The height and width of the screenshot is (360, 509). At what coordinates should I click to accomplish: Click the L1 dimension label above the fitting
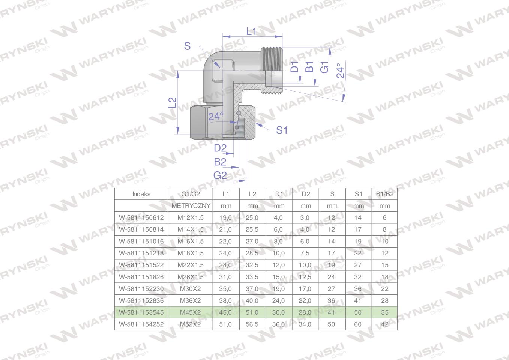[x=251, y=31]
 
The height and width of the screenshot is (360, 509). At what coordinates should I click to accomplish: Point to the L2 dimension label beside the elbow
[x=173, y=102]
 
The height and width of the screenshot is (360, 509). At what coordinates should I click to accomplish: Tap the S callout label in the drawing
[x=187, y=46]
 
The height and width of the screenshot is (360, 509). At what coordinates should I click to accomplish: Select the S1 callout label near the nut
[x=282, y=130]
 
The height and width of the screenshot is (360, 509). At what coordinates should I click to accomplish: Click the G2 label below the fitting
[x=220, y=175]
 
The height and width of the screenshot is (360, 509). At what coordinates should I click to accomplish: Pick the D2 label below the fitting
[x=220, y=148]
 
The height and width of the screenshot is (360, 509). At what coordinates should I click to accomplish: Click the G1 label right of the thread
[x=324, y=67]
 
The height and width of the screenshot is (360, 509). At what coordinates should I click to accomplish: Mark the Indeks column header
[x=141, y=194]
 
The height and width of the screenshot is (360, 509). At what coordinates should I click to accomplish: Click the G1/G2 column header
[x=191, y=194]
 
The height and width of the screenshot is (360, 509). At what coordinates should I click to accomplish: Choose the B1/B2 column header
[x=385, y=194]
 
